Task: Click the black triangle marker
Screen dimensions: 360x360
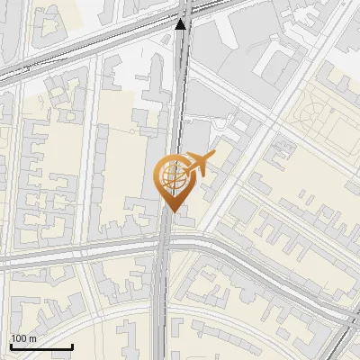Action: point(182,24)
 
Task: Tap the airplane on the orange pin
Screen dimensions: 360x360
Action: point(198,166)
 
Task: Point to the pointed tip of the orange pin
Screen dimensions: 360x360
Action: point(173,211)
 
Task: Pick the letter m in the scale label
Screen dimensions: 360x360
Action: point(32,338)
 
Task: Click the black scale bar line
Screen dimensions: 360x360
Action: point(40,346)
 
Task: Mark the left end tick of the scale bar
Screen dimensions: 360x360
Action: point(11,345)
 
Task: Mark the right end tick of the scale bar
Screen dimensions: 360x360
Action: point(71,345)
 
